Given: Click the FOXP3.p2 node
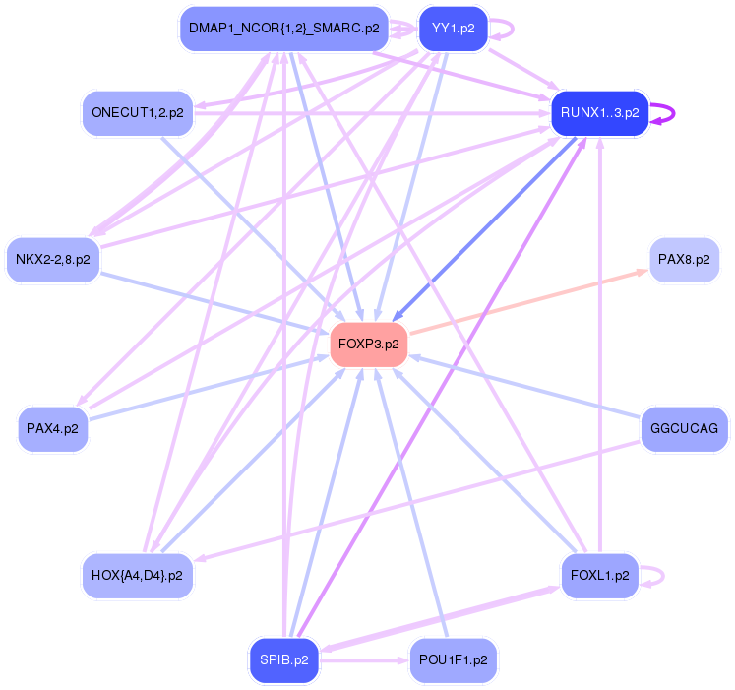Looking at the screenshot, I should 369,345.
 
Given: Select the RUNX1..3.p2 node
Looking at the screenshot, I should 599,113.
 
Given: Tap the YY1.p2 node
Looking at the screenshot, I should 453,29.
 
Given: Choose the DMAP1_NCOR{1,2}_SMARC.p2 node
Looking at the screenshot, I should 283,29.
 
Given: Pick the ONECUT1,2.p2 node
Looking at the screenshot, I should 137,113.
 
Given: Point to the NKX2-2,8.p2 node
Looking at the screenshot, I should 53,260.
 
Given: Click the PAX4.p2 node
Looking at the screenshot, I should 53,429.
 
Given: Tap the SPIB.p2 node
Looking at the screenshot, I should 284,659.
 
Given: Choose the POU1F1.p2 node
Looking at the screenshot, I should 453,659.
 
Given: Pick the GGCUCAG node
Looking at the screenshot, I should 684,429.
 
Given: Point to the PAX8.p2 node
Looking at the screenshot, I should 684,260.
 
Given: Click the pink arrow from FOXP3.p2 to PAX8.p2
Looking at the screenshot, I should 526,300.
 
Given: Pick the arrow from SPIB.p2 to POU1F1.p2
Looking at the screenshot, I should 364,659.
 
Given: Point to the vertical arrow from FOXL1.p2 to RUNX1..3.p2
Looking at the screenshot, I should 599,345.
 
